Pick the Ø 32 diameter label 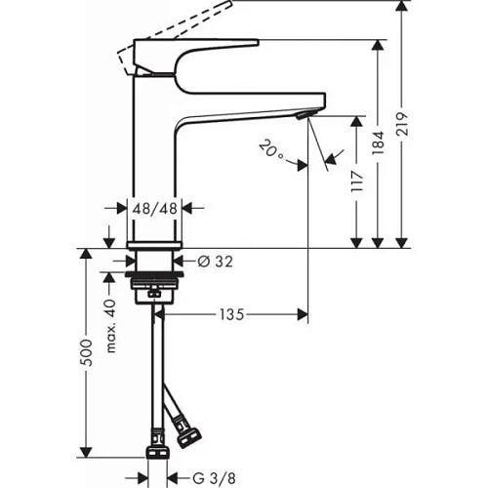(213, 262)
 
